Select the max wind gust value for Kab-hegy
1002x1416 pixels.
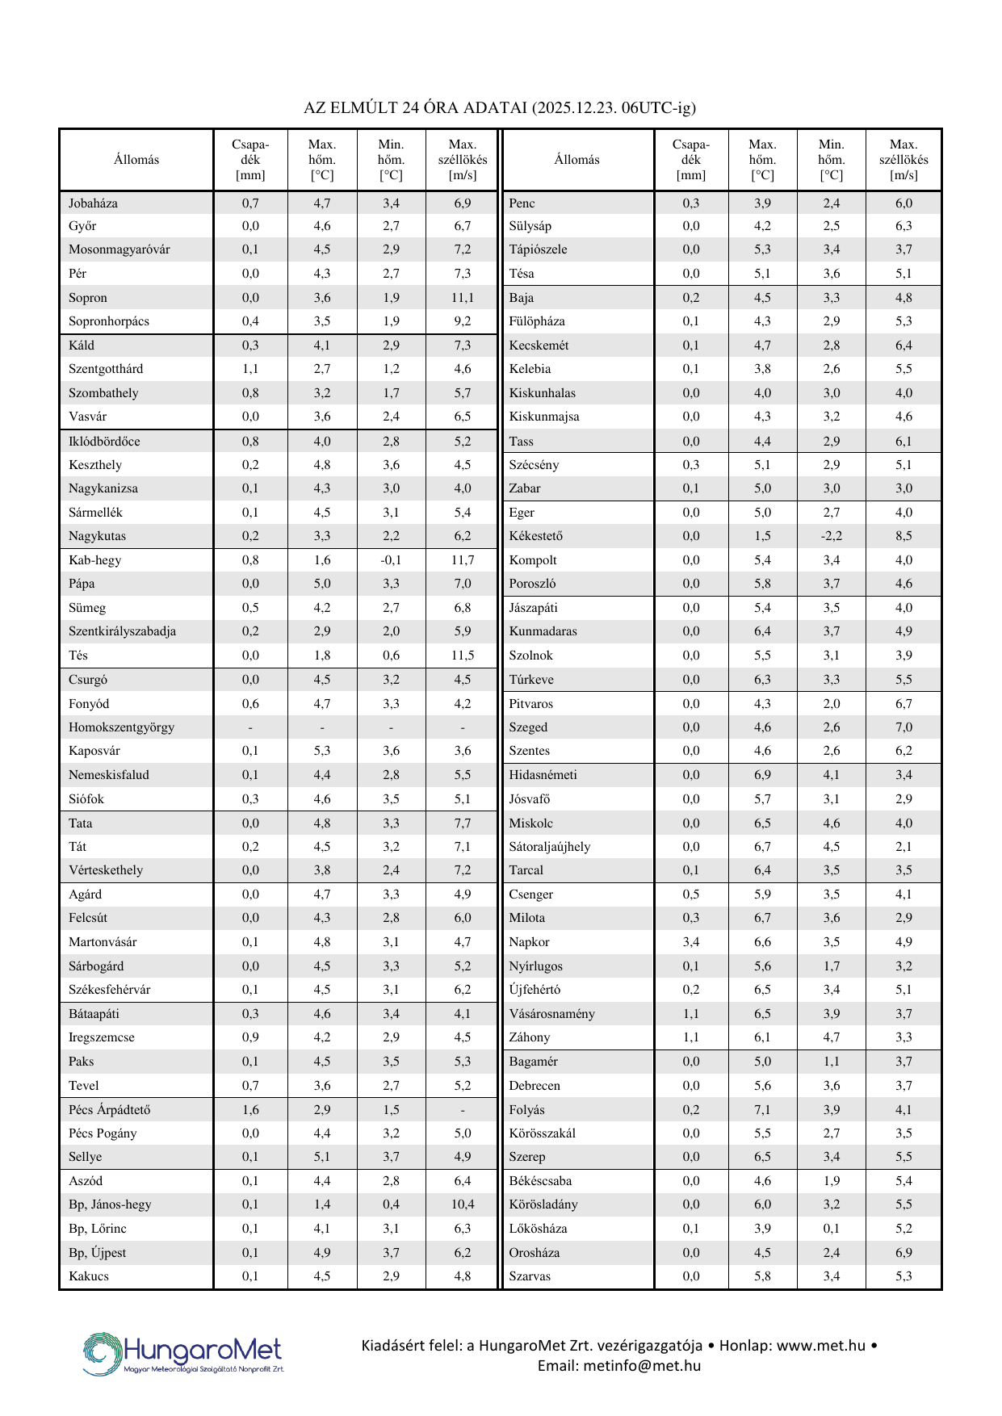point(463,560)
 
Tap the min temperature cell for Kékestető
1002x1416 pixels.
point(831,536)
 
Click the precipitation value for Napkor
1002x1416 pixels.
point(691,942)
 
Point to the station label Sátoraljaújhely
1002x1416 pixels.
point(550,847)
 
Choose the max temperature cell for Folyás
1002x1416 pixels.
point(762,1110)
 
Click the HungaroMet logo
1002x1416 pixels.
point(183,1353)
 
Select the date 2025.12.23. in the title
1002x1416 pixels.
point(576,107)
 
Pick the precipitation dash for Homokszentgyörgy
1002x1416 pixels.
point(250,727)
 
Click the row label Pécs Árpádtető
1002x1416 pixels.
point(110,1110)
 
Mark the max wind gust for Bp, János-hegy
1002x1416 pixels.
point(463,1204)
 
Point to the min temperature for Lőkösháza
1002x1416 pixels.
point(831,1229)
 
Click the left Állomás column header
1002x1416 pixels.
point(136,160)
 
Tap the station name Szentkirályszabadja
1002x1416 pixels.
point(122,631)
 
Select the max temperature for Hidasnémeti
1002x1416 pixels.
point(762,775)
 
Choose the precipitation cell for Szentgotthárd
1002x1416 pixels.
point(250,369)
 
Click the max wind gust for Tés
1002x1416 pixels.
point(463,656)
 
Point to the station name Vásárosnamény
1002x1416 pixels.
point(552,1014)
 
